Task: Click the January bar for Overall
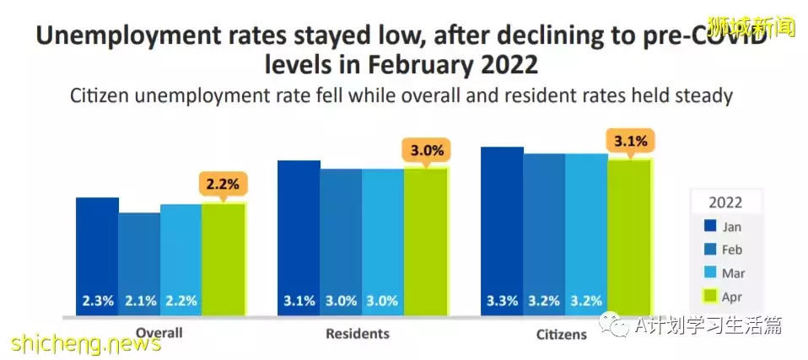pyautogui.click(x=97, y=253)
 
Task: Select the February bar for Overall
pyautogui.click(x=139, y=261)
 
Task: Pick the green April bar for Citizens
pyautogui.click(x=629, y=236)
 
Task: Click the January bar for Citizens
pyautogui.click(x=502, y=228)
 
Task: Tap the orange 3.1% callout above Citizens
pyautogui.click(x=629, y=141)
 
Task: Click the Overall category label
pyautogui.click(x=159, y=332)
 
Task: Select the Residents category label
pyautogui.click(x=358, y=334)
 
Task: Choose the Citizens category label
pyautogui.click(x=562, y=335)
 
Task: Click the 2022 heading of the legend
pyautogui.click(x=725, y=202)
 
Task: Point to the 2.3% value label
pyautogui.click(x=97, y=301)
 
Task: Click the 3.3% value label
pyautogui.click(x=502, y=301)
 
